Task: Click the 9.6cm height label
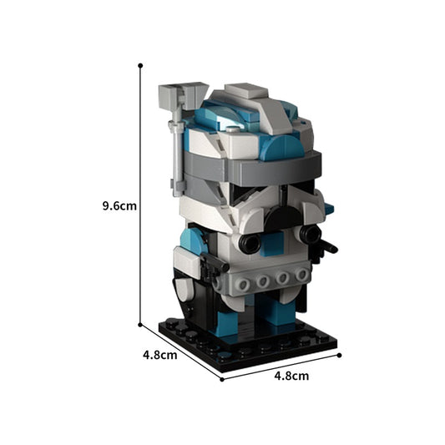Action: click(x=119, y=203)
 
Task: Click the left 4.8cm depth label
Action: click(x=160, y=354)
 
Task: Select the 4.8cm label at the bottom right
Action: click(x=291, y=376)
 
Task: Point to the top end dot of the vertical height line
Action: click(x=140, y=64)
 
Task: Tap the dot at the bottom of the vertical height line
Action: click(x=140, y=325)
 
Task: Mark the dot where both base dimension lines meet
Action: click(x=221, y=379)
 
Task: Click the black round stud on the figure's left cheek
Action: click(x=249, y=243)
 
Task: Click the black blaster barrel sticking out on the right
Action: click(x=328, y=247)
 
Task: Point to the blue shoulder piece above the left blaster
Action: click(x=192, y=241)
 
